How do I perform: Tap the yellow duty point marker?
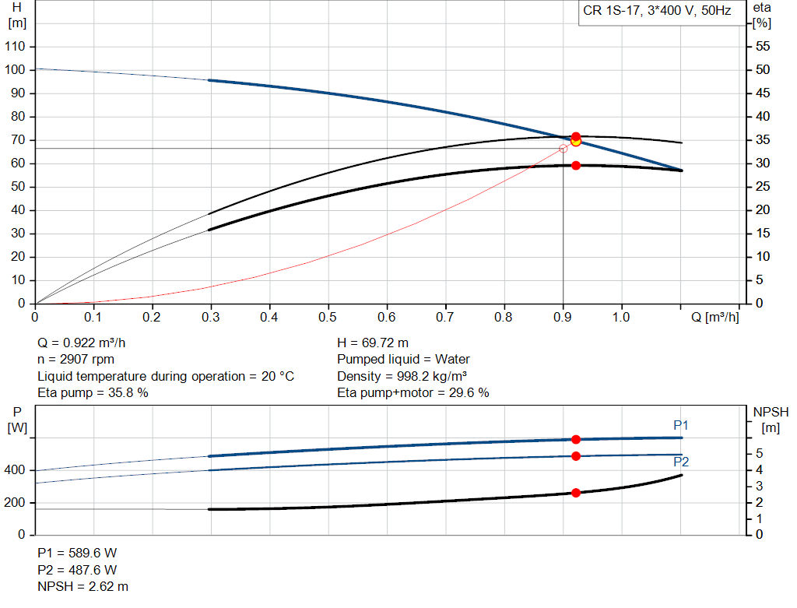coord(576,141)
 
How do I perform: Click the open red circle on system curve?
coord(564,148)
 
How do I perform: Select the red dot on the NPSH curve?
coord(576,493)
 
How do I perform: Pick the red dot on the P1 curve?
coord(576,440)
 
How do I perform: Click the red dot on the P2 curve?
coord(576,456)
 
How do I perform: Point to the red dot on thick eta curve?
coord(576,165)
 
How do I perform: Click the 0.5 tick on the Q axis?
coord(328,317)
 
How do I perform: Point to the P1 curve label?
coord(681,425)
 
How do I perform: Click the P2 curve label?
coord(681,462)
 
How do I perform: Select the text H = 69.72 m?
coord(373,343)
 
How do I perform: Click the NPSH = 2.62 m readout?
coord(83,586)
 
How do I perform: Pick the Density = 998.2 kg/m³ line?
coord(412,376)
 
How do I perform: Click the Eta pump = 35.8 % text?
coord(93,392)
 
